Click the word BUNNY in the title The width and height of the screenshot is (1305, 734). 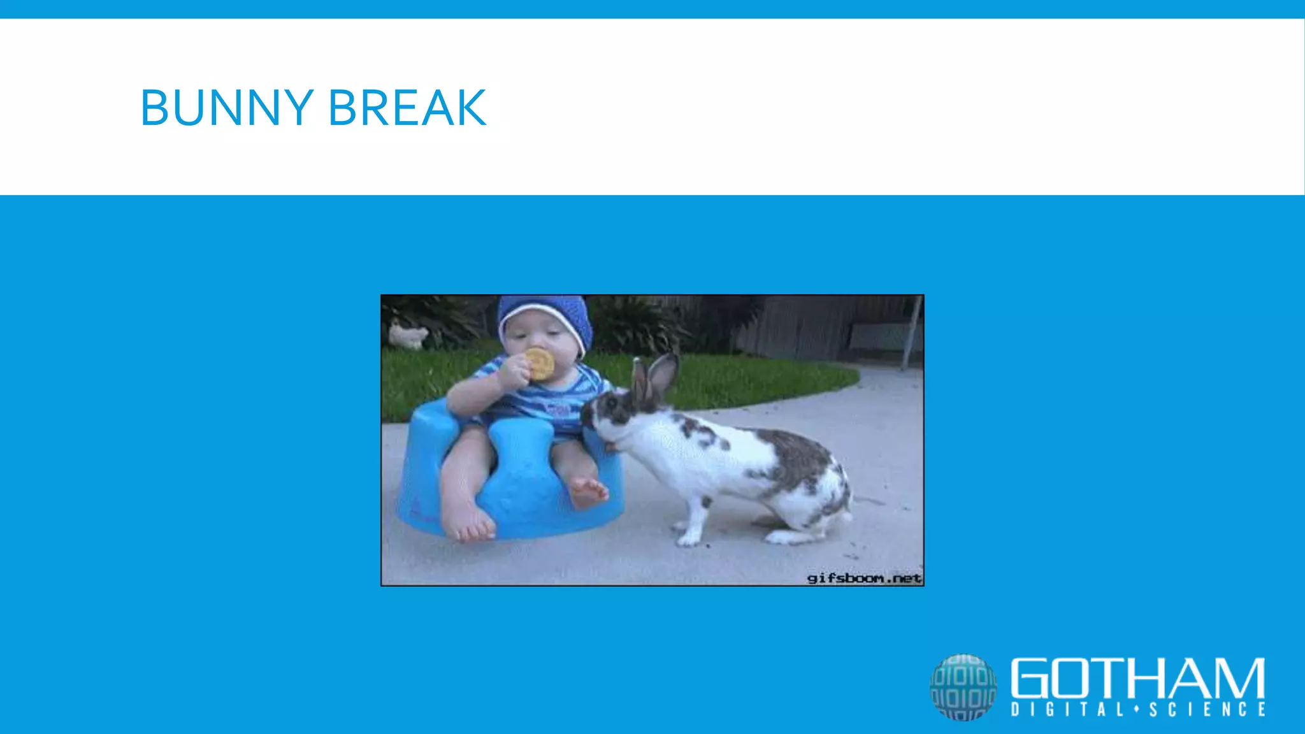tap(227, 108)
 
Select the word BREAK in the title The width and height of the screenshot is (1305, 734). tap(408, 108)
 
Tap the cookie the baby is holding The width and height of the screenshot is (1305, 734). tap(540, 364)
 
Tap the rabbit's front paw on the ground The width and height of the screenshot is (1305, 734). tap(688, 538)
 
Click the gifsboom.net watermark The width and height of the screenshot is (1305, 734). tap(864, 578)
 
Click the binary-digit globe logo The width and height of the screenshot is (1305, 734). tap(963, 687)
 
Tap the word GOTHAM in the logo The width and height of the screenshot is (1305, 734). tap(1137, 678)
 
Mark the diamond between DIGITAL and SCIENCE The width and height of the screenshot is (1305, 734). tap(1136, 709)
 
